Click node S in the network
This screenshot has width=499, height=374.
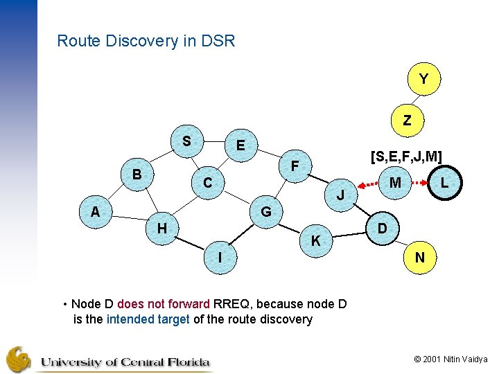[186, 141]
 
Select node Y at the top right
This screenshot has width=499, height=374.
[423, 80]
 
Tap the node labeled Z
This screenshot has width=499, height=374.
[407, 120]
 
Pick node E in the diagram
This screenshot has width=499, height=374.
[240, 145]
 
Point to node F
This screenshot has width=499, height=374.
[295, 166]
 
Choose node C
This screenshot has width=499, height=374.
[207, 184]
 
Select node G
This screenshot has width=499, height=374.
[265, 211]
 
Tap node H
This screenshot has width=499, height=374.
[161, 228]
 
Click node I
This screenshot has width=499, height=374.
[220, 257]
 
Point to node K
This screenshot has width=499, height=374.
[315, 241]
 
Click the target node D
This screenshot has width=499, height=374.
[382, 229]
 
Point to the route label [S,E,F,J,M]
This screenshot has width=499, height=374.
[406, 157]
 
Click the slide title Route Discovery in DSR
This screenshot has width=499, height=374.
[146, 41]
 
